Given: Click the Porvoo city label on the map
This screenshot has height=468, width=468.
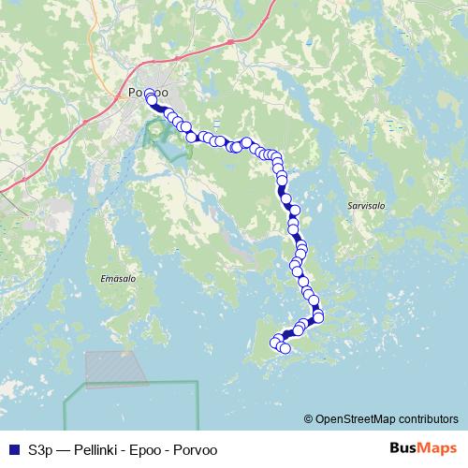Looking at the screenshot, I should pyautogui.click(x=147, y=94).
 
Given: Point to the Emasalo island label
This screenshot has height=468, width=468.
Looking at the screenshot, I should pyautogui.click(x=118, y=278).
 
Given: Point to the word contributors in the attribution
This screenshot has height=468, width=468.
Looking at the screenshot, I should pyautogui.click(x=428, y=418).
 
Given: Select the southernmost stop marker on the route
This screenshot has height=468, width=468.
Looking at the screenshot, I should pyautogui.click(x=285, y=349).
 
